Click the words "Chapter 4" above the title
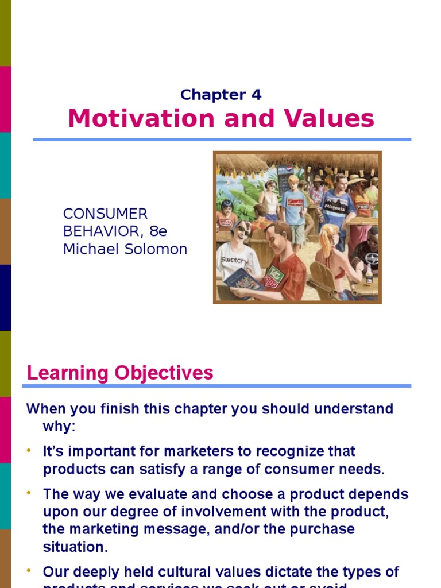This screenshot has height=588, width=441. [x=220, y=95]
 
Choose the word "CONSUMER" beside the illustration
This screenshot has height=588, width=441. [x=105, y=214]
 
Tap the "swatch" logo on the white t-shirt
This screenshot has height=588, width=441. [x=232, y=260]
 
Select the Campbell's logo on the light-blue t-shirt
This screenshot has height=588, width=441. [x=295, y=203]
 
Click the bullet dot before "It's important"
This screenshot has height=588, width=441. [x=29, y=451]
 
